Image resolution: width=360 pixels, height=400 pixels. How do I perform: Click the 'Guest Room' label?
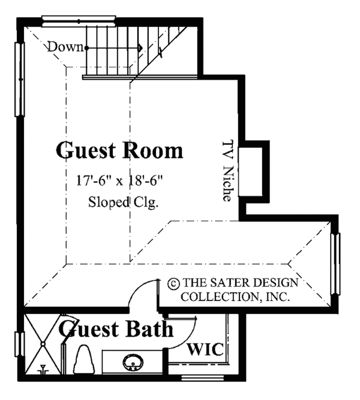119,150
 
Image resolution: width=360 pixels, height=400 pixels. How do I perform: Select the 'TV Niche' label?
227,171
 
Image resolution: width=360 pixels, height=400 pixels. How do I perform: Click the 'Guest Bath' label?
116,330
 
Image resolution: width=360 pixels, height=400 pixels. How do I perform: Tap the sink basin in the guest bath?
131,363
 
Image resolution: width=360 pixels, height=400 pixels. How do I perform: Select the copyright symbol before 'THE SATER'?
173,282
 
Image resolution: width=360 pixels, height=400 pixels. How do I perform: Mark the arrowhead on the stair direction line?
140,47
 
